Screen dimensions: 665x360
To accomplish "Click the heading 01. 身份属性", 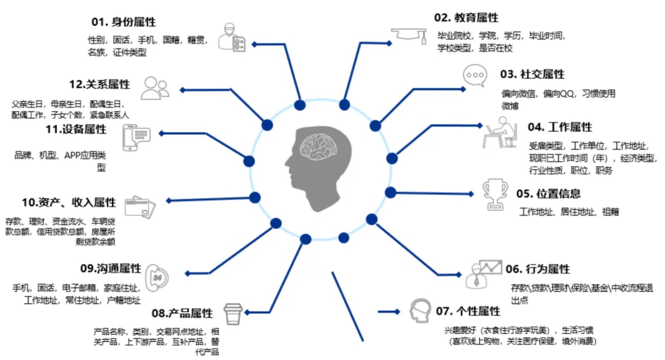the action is pos(123,22).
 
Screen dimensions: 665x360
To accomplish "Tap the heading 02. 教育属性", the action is pos(467,17).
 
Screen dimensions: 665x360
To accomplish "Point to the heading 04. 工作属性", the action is pos(560,127).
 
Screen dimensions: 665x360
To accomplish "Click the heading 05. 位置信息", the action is pos(548,194).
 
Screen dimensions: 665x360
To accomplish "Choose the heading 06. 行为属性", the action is pos(538,269).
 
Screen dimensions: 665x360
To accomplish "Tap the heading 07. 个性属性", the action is pos(467,311).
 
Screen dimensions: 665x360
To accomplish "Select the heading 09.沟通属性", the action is pos(111,269).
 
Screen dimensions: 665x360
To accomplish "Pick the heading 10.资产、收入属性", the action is pos(69,202).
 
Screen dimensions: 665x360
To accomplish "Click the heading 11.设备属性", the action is pos(76,129).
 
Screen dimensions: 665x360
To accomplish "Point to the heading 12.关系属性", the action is pos(100,84).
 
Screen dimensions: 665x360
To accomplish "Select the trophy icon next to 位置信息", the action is pos(495,193).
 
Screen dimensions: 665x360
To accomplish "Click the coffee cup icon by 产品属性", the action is pos(233,314).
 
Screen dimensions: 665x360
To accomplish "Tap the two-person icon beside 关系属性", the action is pos(155,88).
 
